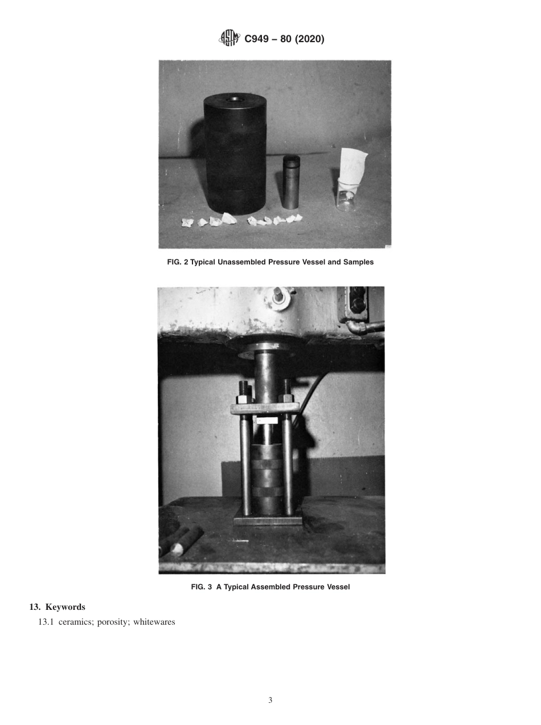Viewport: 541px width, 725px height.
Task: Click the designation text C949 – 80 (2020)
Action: (x=284, y=39)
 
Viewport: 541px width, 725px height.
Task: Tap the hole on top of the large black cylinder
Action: (x=233, y=100)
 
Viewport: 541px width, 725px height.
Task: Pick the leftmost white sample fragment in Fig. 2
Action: (x=187, y=223)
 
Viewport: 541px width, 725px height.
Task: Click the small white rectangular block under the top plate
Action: (x=267, y=420)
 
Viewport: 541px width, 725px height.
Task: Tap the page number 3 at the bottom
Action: (x=270, y=700)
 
